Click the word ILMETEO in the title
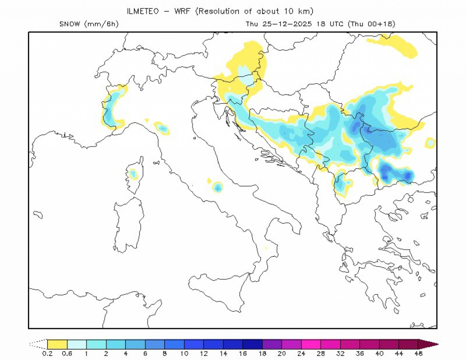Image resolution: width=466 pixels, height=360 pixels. click(143, 11)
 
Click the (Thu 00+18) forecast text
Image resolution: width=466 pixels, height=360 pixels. click(371, 24)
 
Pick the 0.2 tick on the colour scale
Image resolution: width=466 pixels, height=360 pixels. click(47, 353)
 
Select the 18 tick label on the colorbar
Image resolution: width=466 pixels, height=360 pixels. click(263, 353)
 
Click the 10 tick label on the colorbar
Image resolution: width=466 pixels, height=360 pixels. click(184, 353)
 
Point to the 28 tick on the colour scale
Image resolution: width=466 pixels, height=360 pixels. click(322, 353)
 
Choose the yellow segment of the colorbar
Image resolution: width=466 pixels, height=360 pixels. click(57, 343)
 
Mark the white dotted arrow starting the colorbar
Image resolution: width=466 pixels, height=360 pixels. click(37, 343)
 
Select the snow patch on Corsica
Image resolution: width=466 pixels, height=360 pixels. click(133, 174)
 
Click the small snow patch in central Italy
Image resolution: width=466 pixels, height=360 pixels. click(217, 186)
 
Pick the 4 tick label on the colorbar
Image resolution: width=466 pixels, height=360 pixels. click(126, 353)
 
